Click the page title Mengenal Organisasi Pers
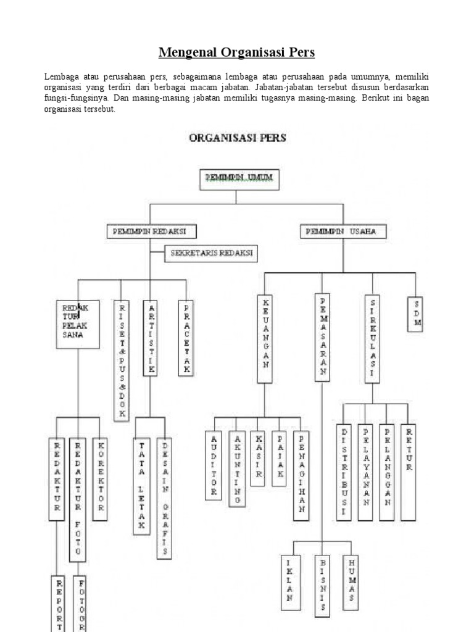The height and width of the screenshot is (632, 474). point(237,52)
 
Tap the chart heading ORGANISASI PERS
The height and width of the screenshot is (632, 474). point(237,138)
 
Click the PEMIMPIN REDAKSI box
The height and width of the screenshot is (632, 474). point(152,231)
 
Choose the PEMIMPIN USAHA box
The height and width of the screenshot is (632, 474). point(345,231)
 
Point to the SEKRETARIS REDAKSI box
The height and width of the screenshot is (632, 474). point(211,253)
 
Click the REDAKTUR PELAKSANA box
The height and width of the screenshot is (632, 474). point(78,324)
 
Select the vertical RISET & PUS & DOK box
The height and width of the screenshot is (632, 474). point(122,360)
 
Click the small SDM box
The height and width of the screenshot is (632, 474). point(415,314)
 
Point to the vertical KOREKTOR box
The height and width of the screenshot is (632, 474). point(100,476)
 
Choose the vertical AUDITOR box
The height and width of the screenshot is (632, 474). point(214,464)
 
